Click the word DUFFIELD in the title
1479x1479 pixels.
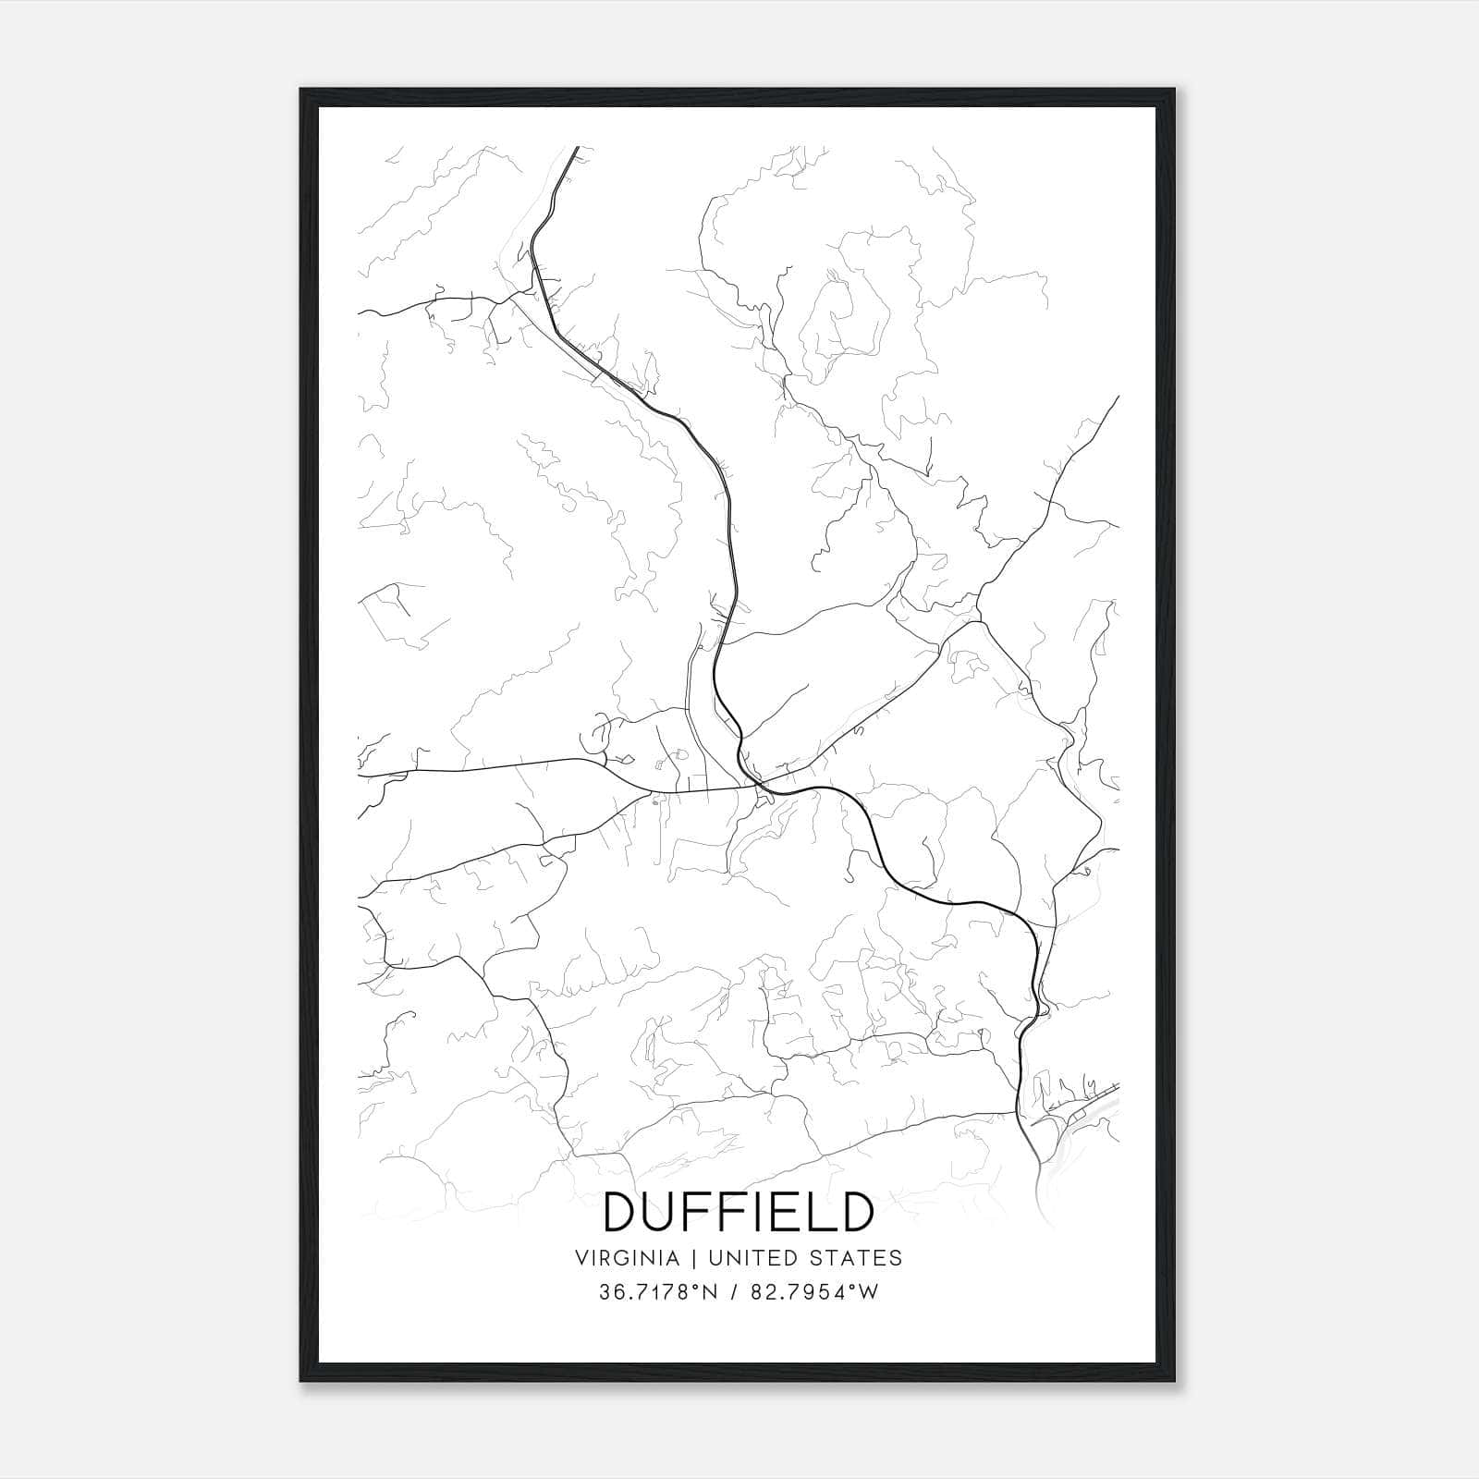pos(739,1212)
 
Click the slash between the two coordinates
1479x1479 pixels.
pos(734,1292)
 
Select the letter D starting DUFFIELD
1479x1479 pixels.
pos(621,1212)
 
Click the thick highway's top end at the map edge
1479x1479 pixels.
pos(577,148)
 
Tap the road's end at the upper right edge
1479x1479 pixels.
pos(1118,397)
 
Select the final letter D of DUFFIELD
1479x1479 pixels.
pos(856,1212)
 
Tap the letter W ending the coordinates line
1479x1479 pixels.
pos(869,1292)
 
